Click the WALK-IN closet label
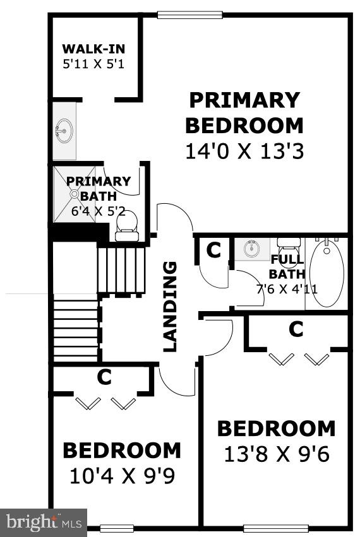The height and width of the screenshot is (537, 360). (93, 49)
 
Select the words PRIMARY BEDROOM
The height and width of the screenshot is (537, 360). (244, 112)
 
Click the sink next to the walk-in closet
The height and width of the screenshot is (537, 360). (63, 131)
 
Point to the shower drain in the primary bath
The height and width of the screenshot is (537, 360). (74, 194)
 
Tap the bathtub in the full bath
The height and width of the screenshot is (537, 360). (327, 272)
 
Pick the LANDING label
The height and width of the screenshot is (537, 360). (171, 306)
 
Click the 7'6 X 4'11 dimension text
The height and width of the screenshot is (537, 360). (287, 290)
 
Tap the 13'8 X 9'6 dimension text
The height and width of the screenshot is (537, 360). (277, 454)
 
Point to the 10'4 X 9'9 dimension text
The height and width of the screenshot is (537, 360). (122, 475)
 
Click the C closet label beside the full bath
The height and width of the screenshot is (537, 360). (213, 251)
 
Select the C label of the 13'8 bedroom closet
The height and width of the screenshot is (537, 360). (296, 329)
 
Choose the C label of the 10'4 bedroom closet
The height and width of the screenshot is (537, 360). (104, 377)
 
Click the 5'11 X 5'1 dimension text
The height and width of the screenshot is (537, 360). (93, 63)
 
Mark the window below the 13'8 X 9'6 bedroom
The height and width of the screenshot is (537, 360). (276, 528)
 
